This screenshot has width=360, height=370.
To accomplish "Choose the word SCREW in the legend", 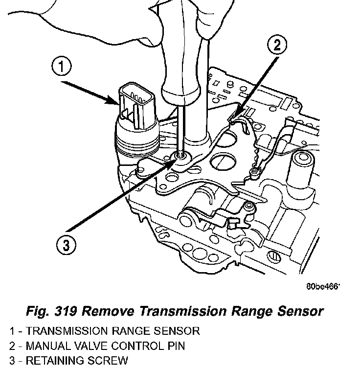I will point(105,361).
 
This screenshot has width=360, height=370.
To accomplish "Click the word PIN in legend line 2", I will point(176,346).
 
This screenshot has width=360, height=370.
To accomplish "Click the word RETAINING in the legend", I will point(53,361).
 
